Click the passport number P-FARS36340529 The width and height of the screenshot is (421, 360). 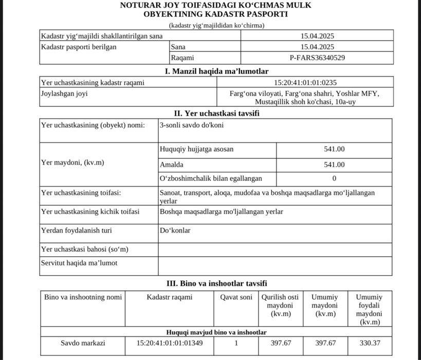[x=317, y=58]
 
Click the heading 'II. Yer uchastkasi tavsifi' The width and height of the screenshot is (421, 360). [x=216, y=113]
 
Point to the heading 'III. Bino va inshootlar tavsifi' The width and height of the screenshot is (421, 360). [x=216, y=283]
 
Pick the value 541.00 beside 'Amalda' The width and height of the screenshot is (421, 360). [x=334, y=165]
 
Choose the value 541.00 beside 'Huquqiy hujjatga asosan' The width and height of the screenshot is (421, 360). [x=334, y=149]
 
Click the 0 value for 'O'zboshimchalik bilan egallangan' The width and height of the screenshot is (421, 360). [x=334, y=178]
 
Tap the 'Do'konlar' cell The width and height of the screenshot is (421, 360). [x=175, y=230]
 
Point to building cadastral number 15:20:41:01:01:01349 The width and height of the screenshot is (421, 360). [x=170, y=343]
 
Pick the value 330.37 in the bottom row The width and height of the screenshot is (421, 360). [x=369, y=343]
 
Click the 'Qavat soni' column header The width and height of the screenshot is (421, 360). [x=236, y=297]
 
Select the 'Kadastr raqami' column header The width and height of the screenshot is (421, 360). [x=169, y=297]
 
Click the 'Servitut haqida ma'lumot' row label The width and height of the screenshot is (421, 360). [x=79, y=263]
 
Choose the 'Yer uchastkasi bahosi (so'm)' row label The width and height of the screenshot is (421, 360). [x=85, y=249]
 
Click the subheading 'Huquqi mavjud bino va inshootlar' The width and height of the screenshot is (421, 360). [x=216, y=332]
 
